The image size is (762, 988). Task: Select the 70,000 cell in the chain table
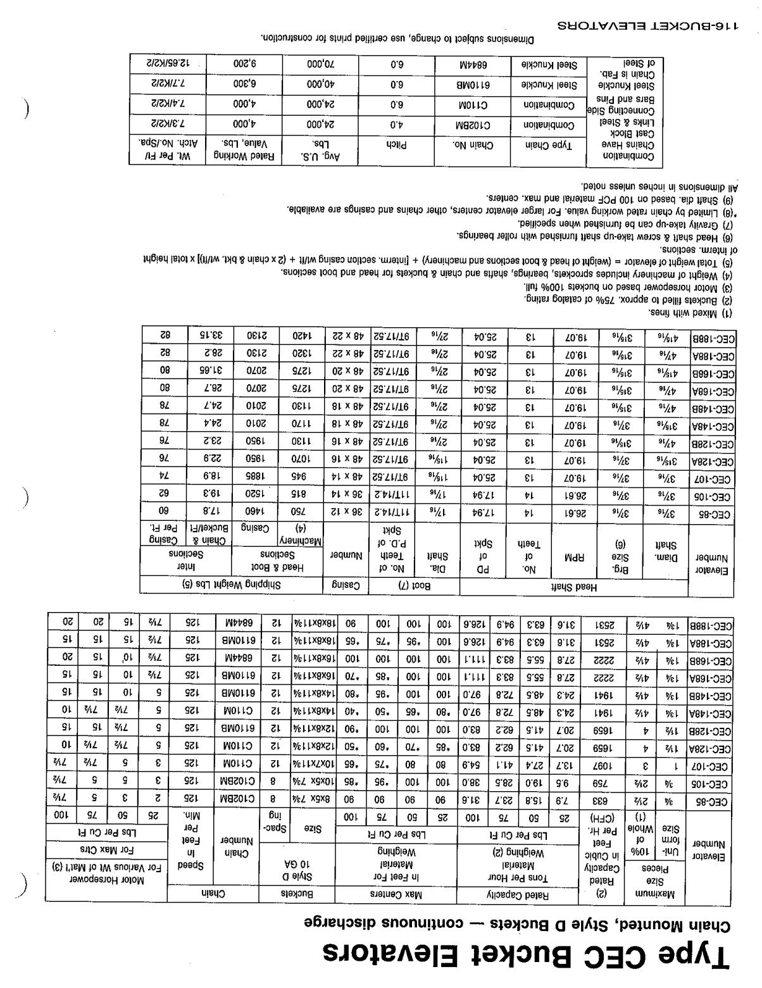coord(320,65)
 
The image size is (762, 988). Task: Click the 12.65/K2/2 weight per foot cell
coord(166,65)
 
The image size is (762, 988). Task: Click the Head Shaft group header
coord(573,587)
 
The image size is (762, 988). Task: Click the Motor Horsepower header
coord(106,880)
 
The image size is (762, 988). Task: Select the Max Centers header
coord(396,894)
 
